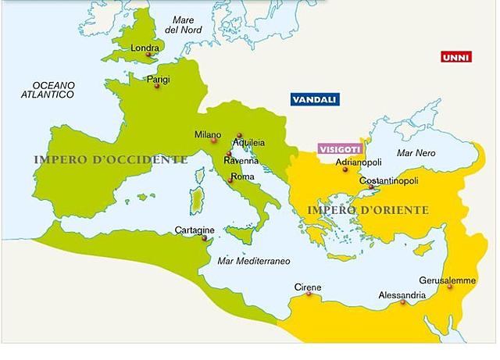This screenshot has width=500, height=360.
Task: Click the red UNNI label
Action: (x=456, y=57)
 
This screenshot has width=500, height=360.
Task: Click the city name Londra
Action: (x=145, y=48)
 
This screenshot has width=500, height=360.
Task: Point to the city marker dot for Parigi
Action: (x=156, y=86)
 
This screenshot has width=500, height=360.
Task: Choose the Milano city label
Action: (x=208, y=134)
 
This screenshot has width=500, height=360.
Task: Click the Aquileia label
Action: (x=249, y=144)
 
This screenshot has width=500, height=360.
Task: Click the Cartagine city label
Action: (x=195, y=231)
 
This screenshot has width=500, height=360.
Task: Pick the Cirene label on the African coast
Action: (x=307, y=287)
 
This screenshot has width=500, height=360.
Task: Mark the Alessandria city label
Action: (x=402, y=295)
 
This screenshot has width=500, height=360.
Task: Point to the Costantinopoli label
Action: (x=388, y=181)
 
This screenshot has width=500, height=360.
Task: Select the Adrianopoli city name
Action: (x=356, y=162)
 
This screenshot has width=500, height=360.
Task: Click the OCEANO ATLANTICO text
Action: (x=48, y=89)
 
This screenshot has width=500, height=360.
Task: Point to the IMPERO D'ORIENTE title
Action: (x=367, y=210)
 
